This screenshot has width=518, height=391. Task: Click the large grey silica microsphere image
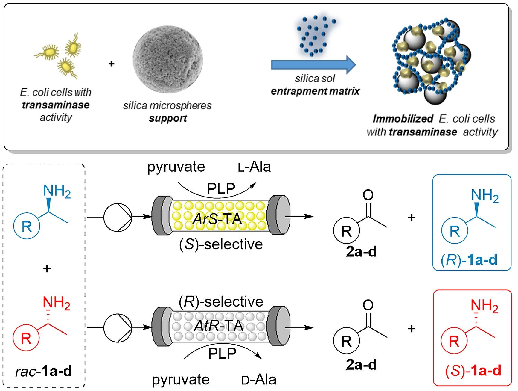coord(168,59)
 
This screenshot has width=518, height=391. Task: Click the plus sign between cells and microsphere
coord(112,64)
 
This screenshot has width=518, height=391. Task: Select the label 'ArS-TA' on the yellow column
coord(217,219)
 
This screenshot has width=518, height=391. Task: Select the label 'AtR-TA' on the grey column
coord(218,326)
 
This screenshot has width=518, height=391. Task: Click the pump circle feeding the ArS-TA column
coord(118,217)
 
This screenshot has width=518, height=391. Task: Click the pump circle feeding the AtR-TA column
coord(118,328)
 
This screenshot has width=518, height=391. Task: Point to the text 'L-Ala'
coord(254,167)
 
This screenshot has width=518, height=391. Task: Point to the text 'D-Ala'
coord(258,380)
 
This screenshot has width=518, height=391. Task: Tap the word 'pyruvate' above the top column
coord(176,167)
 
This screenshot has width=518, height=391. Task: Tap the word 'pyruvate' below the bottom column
coord(181,380)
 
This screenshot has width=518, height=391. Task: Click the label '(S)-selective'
coord(221,244)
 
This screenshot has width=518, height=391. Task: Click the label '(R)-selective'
coord(221,301)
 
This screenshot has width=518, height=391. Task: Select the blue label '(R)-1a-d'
coord(469,260)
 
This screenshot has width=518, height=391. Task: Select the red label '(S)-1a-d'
coord(473,371)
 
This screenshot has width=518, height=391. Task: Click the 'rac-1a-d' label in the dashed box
coord(44,371)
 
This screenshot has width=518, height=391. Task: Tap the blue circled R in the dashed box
coord(27,226)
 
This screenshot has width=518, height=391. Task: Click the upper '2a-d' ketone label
coord(361,252)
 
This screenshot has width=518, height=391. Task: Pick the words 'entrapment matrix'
coord(315,91)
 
